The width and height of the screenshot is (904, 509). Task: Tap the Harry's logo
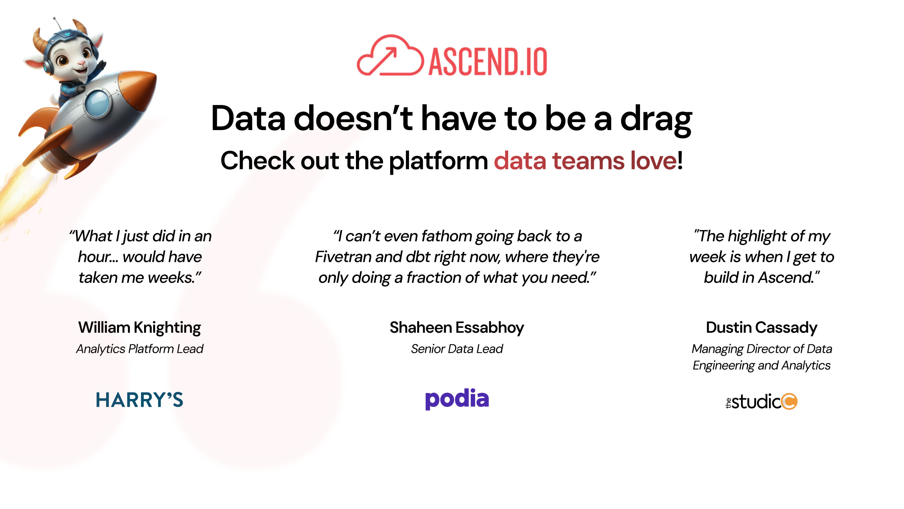click(x=140, y=400)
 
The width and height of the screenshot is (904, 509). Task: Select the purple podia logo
click(x=457, y=399)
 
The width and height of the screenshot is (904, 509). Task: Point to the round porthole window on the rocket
click(x=98, y=102)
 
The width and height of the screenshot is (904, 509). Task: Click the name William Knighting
click(x=140, y=327)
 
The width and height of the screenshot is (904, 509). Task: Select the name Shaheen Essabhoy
click(x=457, y=327)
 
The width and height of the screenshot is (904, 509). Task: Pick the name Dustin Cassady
click(x=761, y=327)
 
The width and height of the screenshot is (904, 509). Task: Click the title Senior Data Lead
click(x=457, y=349)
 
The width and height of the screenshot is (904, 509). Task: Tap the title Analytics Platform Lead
click(x=140, y=349)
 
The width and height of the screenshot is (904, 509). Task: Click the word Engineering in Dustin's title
click(x=723, y=366)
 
